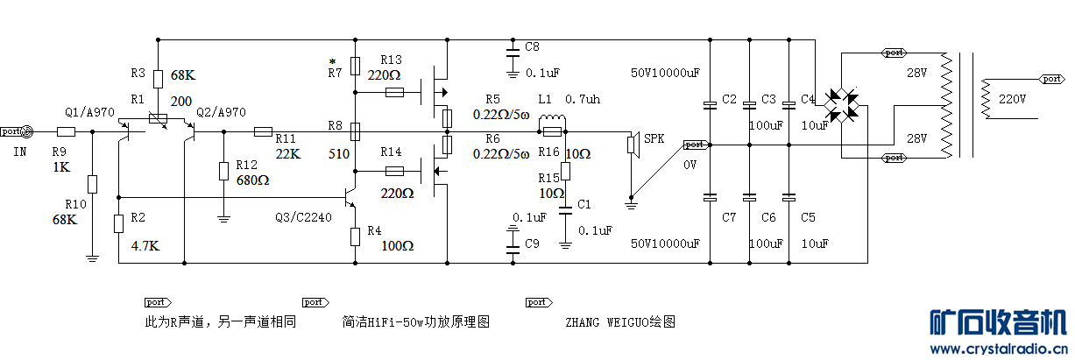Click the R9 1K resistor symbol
click(x=66, y=132)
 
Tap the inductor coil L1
click(x=551, y=120)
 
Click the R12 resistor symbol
click(x=223, y=170)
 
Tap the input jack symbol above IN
click(x=27, y=132)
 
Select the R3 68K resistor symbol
click(x=158, y=79)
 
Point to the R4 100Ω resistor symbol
click(x=355, y=236)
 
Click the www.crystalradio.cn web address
click(x=998, y=349)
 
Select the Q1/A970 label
click(x=88, y=112)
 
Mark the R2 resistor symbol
click(x=118, y=223)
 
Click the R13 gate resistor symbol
click(x=394, y=91)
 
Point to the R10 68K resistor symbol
click(x=92, y=185)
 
